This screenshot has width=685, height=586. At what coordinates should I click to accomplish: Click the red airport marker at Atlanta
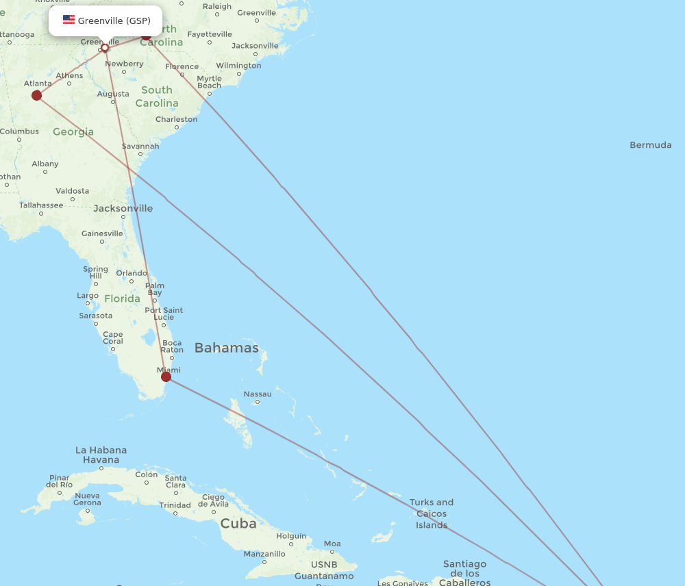pyautogui.click(x=36, y=95)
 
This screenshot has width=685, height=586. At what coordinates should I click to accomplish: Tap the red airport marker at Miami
pyautogui.click(x=166, y=377)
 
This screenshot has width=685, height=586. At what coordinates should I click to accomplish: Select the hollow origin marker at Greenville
pyautogui.click(x=105, y=48)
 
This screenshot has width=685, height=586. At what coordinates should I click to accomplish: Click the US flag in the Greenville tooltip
pyautogui.click(x=68, y=20)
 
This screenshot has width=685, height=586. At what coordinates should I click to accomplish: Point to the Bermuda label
pyautogui.click(x=650, y=145)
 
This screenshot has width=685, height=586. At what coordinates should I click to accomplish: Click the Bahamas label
pyautogui.click(x=226, y=348)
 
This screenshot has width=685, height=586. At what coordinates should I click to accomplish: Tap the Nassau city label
pyautogui.click(x=258, y=394)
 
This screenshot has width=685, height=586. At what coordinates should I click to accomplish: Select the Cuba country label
pyautogui.click(x=238, y=524)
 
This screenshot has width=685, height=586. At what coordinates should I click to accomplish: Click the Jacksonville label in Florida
pyautogui.click(x=123, y=208)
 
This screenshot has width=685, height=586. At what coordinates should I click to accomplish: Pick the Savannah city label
pyautogui.click(x=140, y=146)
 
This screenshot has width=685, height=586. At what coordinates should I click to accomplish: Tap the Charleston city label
pyautogui.click(x=176, y=119)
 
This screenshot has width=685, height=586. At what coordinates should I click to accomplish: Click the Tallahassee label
pyautogui.click(x=41, y=205)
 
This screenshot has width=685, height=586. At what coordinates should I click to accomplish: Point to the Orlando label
pyautogui.click(x=132, y=273)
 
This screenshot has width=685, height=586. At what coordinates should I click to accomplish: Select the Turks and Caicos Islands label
pyautogui.click(x=432, y=513)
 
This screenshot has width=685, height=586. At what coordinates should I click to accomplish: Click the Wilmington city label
pyautogui.click(x=238, y=66)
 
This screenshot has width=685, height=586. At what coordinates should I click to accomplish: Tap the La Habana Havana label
pyautogui.click(x=101, y=455)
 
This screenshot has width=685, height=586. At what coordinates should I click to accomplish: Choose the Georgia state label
pyautogui.click(x=73, y=131)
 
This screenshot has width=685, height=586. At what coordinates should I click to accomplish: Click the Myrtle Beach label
pyautogui.click(x=209, y=82)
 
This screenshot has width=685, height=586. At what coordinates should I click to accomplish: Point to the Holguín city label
pyautogui.click(x=291, y=536)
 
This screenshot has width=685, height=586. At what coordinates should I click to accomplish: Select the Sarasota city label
pyautogui.click(x=96, y=316)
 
